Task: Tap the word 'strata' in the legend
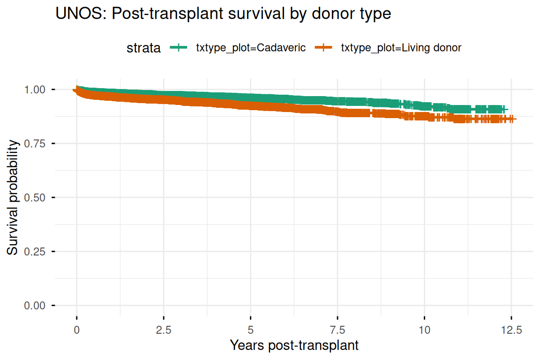[143, 48]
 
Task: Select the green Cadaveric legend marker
[179, 47]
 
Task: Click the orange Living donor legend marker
[323, 47]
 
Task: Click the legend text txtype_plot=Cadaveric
[251, 47]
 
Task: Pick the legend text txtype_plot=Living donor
[401, 47]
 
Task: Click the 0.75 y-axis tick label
[35, 143]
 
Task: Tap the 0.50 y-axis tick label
[35, 198]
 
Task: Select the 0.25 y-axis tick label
[35, 252]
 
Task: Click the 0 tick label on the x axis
[76, 330]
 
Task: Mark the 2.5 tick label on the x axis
[164, 330]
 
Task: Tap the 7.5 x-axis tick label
[337, 330]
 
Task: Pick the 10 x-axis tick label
[425, 330]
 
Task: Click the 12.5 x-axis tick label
[511, 330]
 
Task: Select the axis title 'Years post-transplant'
[294, 345]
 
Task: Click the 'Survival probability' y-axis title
[12, 197]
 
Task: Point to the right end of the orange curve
[516, 119]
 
